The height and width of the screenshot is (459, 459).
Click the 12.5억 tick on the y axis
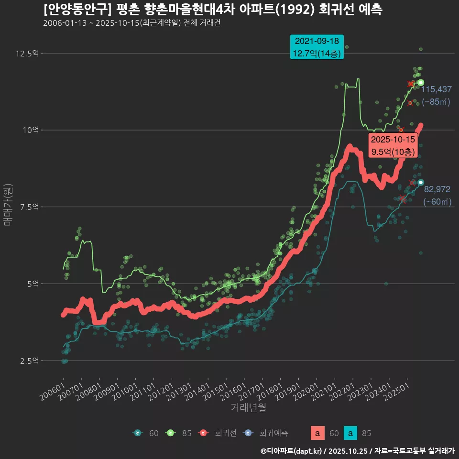pos(27,53)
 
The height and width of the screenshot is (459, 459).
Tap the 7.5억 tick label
pos(28,207)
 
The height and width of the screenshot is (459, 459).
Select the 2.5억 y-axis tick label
pos(28,361)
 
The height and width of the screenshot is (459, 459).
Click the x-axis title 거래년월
pos(248,408)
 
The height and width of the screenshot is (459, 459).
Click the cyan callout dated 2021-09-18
pos(317,47)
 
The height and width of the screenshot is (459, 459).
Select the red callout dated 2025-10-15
pos(393,146)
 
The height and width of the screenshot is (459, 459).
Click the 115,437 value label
pos(436,89)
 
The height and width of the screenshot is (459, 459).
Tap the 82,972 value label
pos(437,189)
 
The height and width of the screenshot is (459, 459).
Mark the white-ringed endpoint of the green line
pos(421,82)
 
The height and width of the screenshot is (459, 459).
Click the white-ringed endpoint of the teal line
pos(421,182)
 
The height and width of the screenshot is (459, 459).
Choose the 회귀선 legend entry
pos(217,433)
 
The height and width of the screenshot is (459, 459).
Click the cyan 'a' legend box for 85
pos(351,433)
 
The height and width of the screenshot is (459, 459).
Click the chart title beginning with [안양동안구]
pos(212,10)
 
